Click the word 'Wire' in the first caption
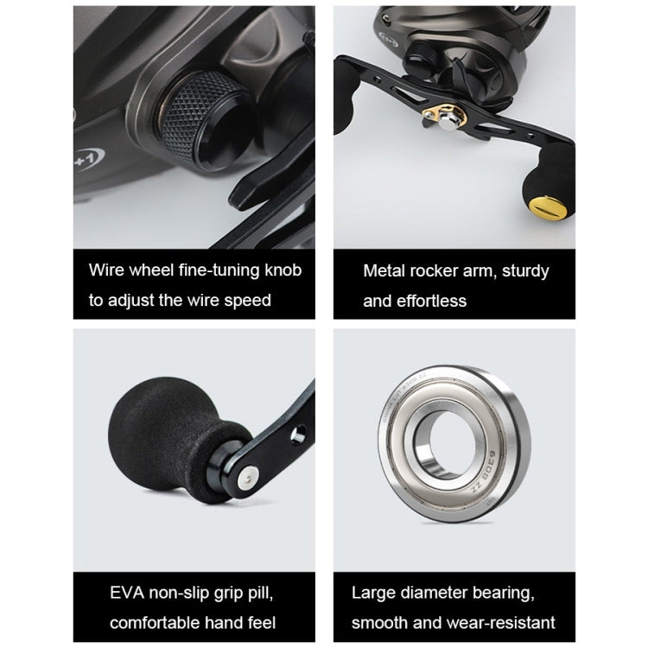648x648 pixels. [106, 270]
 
